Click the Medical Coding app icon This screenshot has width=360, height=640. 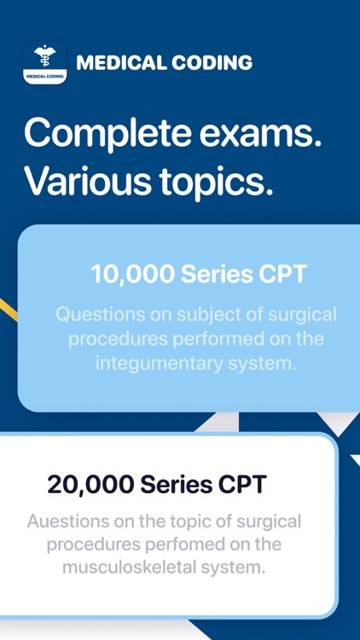click(44, 62)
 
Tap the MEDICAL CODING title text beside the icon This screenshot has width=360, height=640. click(164, 62)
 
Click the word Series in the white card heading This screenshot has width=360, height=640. click(174, 484)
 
